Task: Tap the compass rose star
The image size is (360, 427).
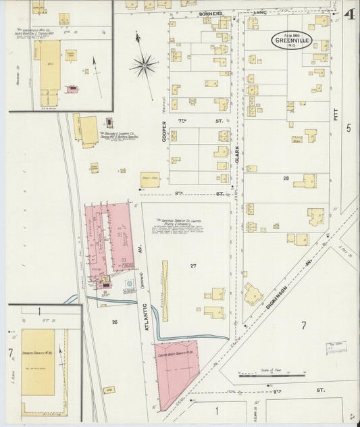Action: pyautogui.click(x=144, y=66)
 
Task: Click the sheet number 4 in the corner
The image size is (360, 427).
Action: pyautogui.click(x=349, y=14)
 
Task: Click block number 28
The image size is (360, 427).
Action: pyautogui.click(x=286, y=178)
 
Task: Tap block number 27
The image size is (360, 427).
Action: pyautogui.click(x=193, y=266)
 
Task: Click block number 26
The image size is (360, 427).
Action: pyautogui.click(x=114, y=322)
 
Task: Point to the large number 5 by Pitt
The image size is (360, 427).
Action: pyautogui.click(x=349, y=128)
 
